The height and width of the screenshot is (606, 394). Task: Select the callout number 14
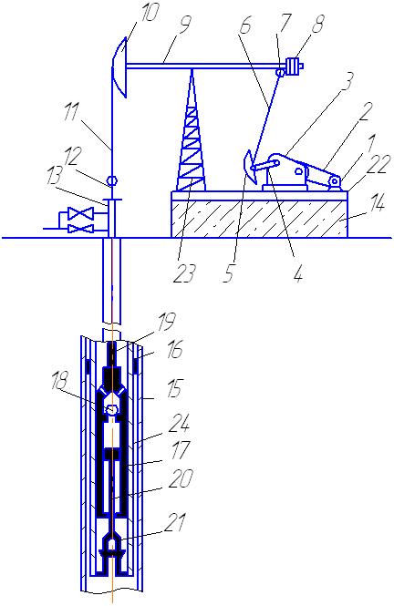tap(375, 202)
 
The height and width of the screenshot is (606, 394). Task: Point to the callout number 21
tap(175, 522)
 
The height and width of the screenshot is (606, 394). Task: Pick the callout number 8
tap(316, 25)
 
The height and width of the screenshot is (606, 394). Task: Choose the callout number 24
tap(180, 425)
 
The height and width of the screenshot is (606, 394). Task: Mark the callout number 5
tap(229, 272)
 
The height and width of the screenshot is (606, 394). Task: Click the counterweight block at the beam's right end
tap(294, 67)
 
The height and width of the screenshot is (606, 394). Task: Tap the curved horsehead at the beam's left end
tap(119, 67)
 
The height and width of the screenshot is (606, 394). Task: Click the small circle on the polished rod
tap(111, 180)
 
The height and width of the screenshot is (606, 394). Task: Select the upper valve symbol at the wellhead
tap(80, 212)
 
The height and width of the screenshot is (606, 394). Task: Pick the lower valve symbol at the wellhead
tap(80, 229)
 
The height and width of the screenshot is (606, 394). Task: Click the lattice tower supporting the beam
tap(191, 131)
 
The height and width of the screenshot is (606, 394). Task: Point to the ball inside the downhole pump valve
tap(112, 409)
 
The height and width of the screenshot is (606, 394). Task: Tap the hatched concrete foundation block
tap(259, 219)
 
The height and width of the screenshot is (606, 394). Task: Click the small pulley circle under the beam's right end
tap(280, 72)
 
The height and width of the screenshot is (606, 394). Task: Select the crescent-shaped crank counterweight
tap(250, 167)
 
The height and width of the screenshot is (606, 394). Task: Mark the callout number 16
tap(175, 351)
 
